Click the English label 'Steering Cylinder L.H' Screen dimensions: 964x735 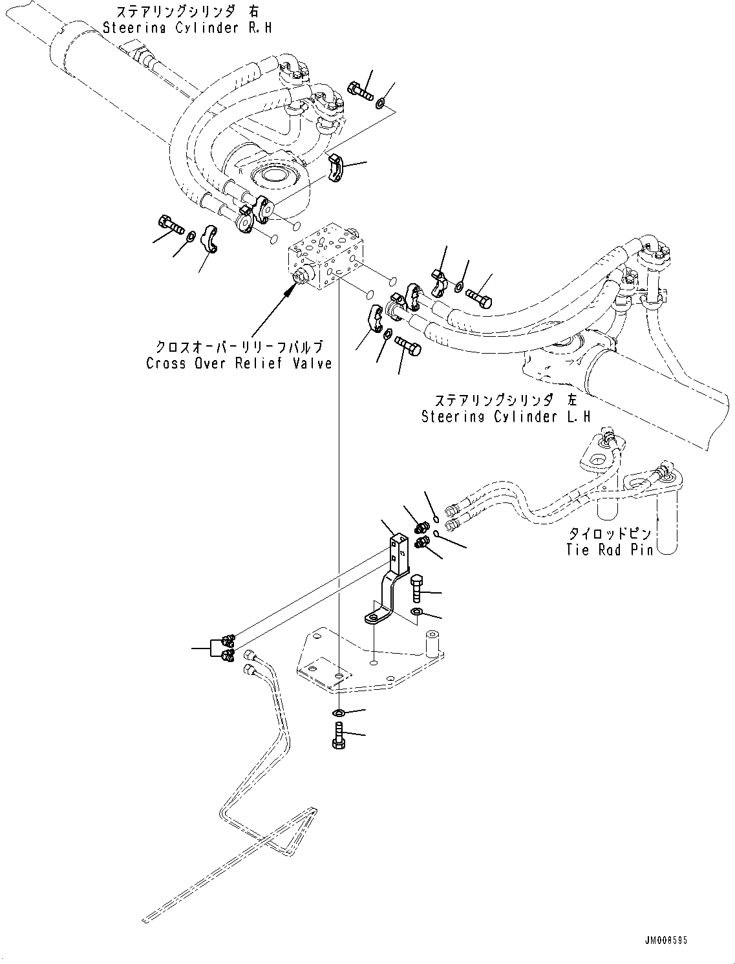506,417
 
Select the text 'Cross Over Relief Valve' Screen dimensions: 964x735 239,363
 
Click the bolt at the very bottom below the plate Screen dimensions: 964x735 338,736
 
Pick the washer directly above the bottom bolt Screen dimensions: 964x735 339,712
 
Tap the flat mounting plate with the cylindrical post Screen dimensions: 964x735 368,659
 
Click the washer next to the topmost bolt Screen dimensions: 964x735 381,102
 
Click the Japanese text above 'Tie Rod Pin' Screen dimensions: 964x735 609,534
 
